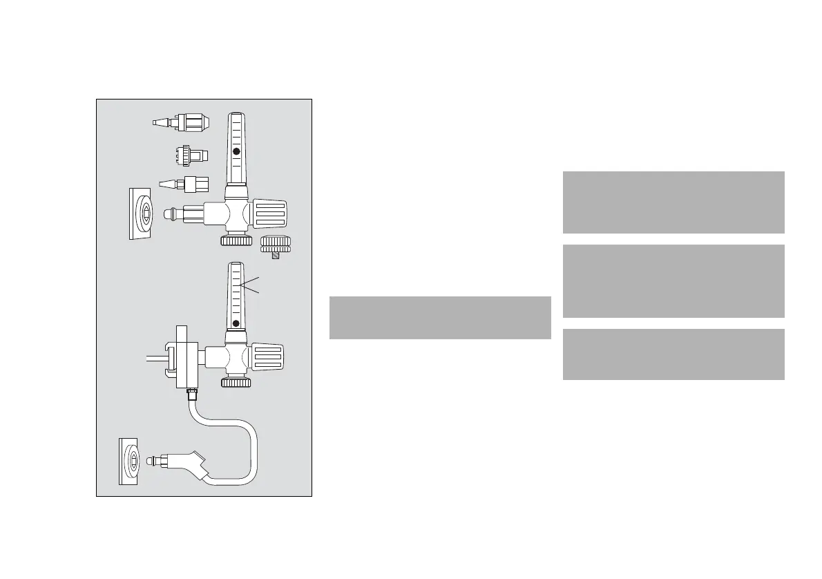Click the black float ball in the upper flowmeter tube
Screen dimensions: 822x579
(x=236, y=151)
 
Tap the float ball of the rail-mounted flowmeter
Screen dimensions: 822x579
(x=236, y=323)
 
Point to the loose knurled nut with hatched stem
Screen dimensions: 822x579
(x=276, y=245)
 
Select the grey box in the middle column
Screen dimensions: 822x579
(x=440, y=318)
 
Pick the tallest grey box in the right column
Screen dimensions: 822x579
(x=673, y=281)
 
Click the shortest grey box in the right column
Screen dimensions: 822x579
(x=673, y=354)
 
